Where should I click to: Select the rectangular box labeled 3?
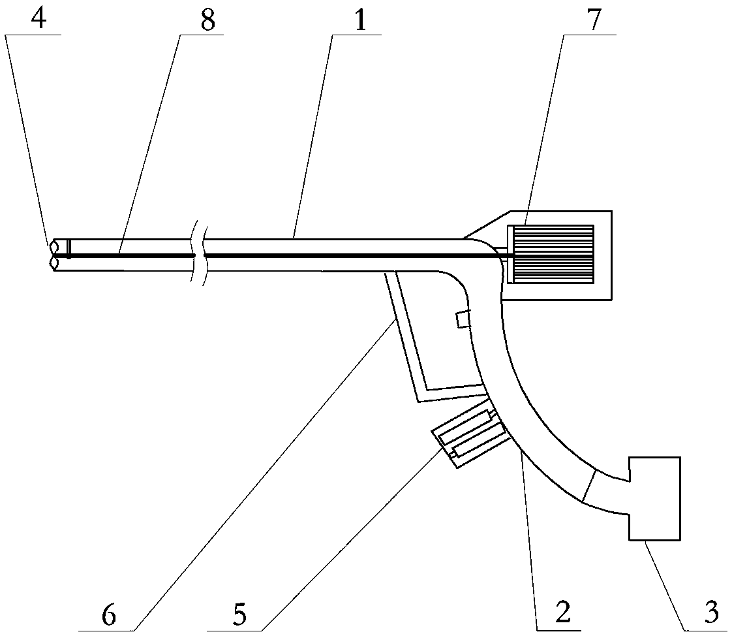[654, 499]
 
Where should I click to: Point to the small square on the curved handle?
[463, 319]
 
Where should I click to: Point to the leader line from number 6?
[261, 477]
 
